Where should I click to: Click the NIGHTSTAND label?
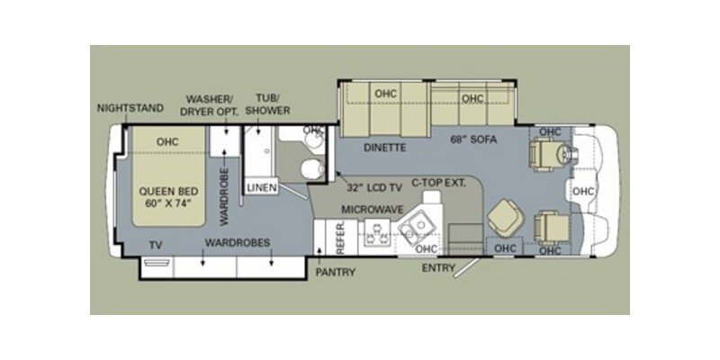(130, 109)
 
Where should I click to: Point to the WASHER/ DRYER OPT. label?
(211, 104)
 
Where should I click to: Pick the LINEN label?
(262, 186)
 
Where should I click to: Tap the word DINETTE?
(385, 147)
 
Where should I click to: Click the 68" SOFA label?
(474, 141)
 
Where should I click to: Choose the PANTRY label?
(335, 272)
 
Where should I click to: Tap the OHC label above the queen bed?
(167, 141)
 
